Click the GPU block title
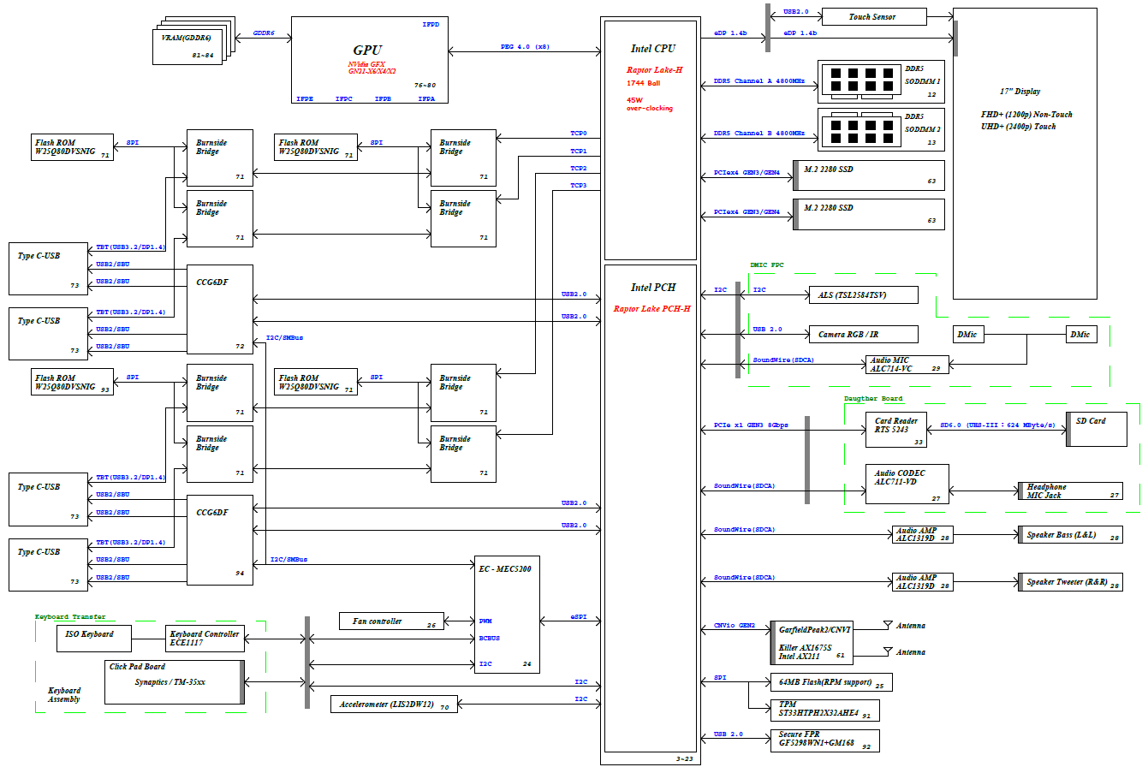(367, 51)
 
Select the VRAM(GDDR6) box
(187, 46)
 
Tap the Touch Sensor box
(874, 17)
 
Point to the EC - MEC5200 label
(505, 568)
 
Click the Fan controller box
(391, 621)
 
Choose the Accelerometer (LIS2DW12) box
(394, 705)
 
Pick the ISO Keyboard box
(94, 639)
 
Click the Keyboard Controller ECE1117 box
(205, 639)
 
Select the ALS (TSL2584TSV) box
(863, 295)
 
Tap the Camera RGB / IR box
(863, 335)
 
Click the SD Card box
(1097, 430)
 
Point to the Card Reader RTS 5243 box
(895, 430)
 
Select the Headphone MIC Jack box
(1070, 491)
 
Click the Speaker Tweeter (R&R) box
(1070, 582)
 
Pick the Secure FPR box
(824, 740)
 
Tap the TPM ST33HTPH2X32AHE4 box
(824, 711)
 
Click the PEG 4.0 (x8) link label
(525, 46)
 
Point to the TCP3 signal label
(579, 186)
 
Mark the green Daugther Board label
(873, 399)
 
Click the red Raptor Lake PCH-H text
(651, 309)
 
